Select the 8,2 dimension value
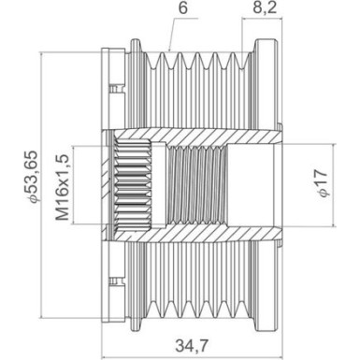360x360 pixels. pos(265,7)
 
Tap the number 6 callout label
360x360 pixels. pos(183,7)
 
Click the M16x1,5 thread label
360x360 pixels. pos(63,187)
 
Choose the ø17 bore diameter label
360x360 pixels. pos(322,183)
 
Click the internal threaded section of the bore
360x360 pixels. pos(197,185)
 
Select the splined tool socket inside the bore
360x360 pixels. pos(133,185)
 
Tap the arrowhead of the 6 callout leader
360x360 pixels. pos(170,50)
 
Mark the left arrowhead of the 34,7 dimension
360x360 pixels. pos(105,356)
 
